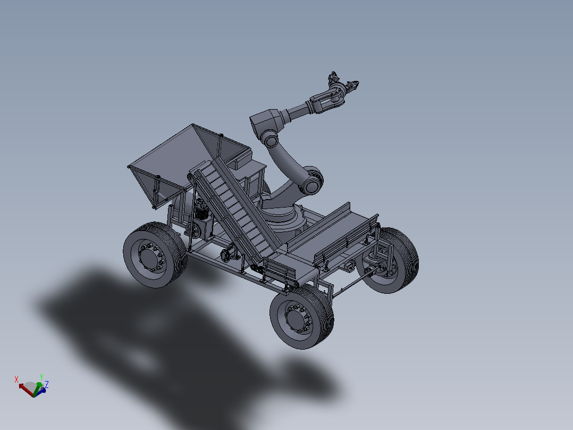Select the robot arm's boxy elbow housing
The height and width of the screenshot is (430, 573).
267,122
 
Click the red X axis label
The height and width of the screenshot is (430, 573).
16,379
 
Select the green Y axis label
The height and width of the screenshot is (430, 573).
41,377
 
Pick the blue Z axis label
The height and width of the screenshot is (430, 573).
47,384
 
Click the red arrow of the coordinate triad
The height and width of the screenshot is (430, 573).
24,387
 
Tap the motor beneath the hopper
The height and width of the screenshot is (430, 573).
201,210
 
